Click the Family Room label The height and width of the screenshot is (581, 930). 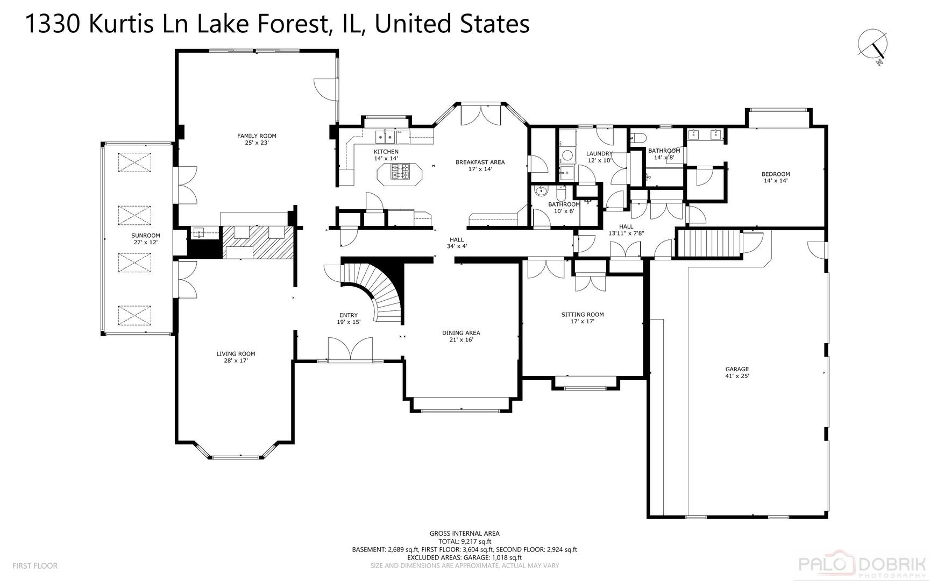point(257,136)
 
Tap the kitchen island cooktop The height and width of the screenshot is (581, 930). point(401,173)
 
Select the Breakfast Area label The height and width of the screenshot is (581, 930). point(480,162)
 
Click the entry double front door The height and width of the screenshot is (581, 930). point(350,349)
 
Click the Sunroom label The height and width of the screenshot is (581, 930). point(145,236)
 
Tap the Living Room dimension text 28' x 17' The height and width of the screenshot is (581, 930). point(236,360)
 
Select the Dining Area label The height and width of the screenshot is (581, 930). point(461,332)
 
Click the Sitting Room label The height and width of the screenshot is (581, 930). point(582,315)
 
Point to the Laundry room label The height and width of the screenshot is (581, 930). point(599,154)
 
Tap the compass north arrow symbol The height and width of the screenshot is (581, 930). point(874,45)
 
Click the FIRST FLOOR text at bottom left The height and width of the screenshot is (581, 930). point(34,565)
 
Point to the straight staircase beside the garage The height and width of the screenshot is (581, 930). point(708,244)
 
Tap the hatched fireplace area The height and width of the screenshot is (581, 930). point(258,242)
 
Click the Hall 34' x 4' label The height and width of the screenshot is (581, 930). point(457,243)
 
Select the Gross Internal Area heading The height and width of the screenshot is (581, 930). point(464,534)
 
